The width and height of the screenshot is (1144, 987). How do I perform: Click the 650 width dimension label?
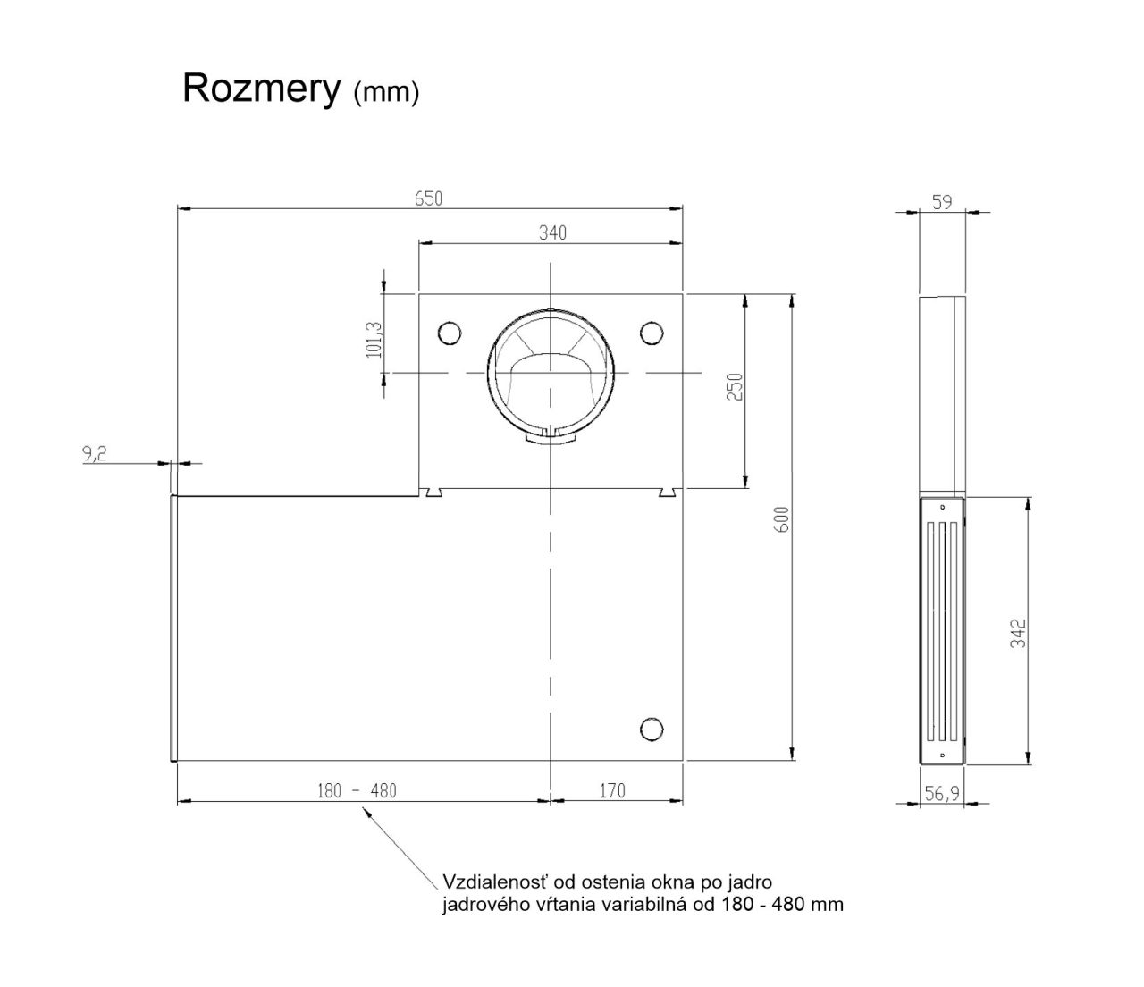428,198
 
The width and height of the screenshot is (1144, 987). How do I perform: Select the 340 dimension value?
552,233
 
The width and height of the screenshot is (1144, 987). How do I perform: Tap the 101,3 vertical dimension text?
374,340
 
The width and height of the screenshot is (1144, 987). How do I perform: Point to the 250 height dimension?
736,387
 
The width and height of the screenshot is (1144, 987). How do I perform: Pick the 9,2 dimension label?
95,454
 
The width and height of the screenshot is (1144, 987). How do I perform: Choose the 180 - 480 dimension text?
357,791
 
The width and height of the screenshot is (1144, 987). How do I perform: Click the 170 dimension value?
611,790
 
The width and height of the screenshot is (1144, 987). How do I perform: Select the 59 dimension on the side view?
941,203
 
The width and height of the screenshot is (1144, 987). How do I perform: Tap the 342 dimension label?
1017,634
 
